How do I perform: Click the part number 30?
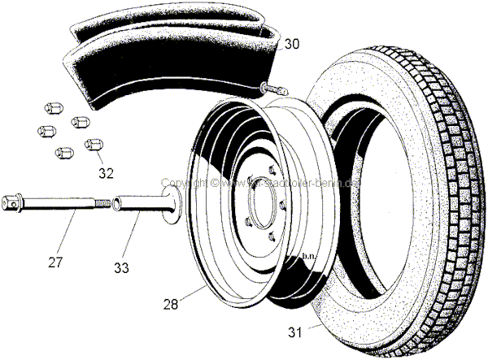click(291, 45)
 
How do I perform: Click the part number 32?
click(106, 172)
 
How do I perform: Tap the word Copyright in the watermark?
click(184, 183)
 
